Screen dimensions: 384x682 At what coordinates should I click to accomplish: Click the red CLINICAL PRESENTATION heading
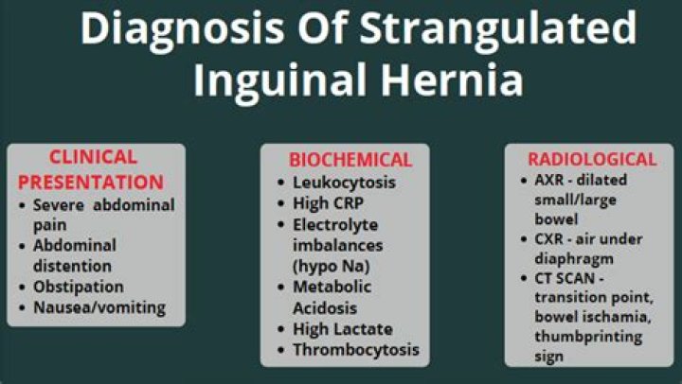point(92,169)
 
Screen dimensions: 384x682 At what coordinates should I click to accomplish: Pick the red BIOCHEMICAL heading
point(350,160)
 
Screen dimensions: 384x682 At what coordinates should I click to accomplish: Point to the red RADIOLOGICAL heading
point(593,159)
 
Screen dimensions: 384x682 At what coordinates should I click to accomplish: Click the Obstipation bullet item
point(78,286)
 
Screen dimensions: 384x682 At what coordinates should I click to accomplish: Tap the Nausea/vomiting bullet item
point(99,307)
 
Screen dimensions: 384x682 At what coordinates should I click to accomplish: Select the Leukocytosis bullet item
point(343,182)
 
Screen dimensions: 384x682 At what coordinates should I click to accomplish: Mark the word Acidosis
point(325,306)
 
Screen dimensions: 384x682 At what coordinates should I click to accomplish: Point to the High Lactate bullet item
point(342,328)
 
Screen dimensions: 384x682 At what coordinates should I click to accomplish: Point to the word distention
point(73,264)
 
